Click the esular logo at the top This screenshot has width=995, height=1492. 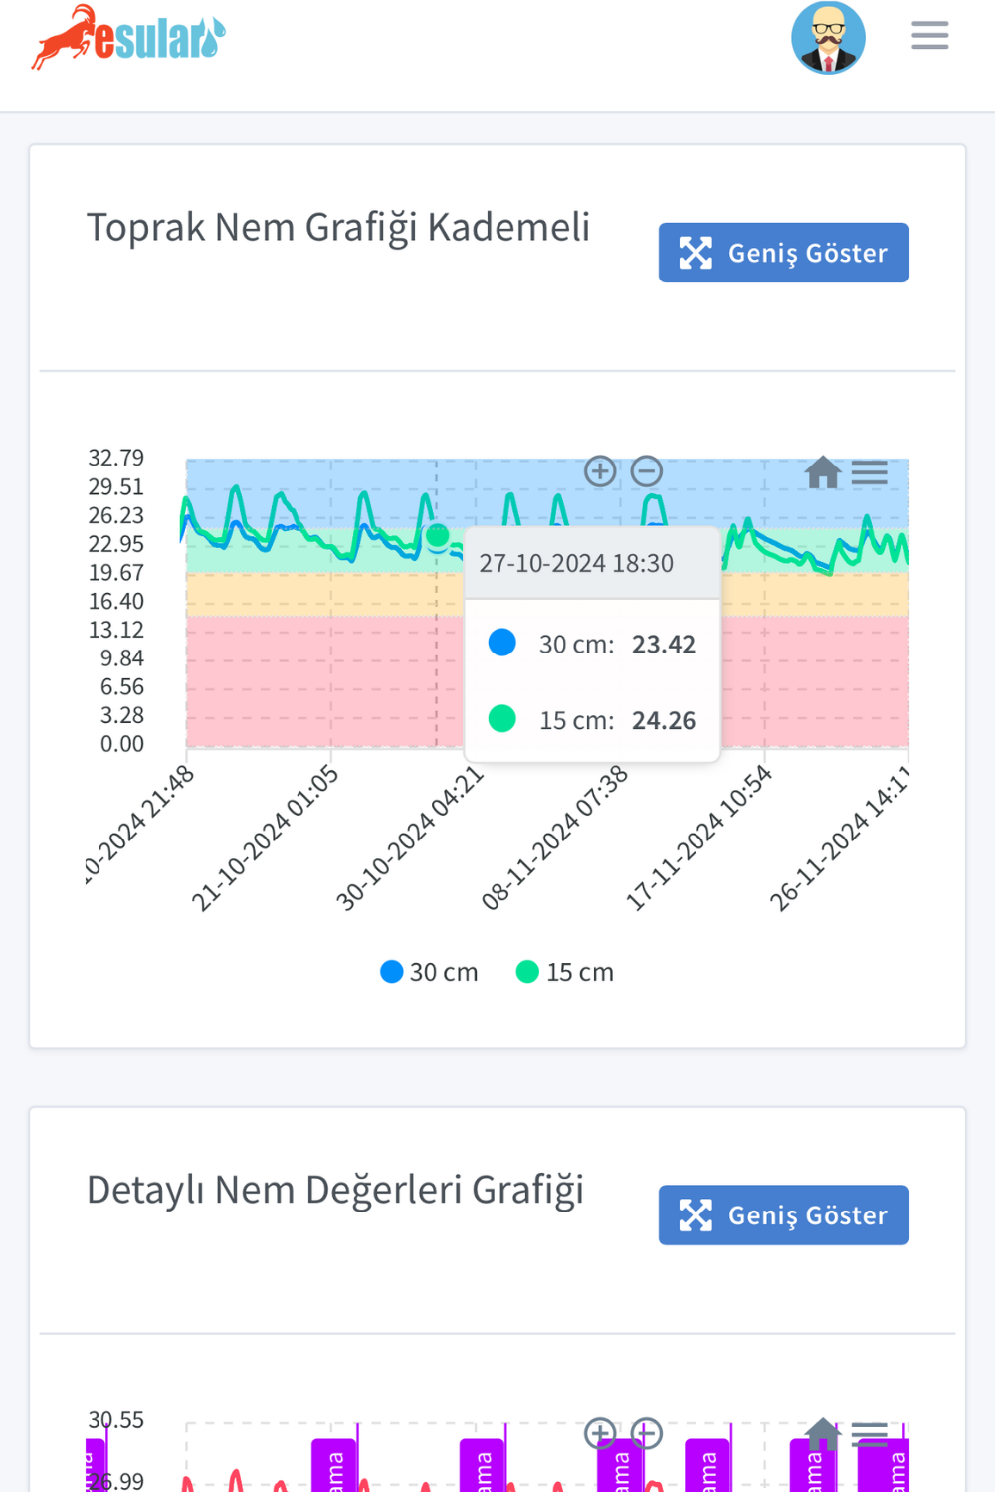tap(129, 38)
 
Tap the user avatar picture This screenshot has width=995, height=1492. tap(828, 38)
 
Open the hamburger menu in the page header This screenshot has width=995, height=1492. tap(929, 36)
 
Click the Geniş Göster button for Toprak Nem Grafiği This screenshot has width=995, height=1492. tap(783, 253)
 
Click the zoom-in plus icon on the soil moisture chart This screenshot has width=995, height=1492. tap(600, 470)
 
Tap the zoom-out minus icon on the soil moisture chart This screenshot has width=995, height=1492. tap(647, 470)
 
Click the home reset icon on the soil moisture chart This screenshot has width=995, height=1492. tap(823, 472)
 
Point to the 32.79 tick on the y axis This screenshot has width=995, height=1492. tap(116, 458)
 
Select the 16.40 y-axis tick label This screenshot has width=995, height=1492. tap(116, 601)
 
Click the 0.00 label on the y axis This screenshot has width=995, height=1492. tap(122, 744)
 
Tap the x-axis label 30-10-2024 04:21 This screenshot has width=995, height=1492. tap(410, 838)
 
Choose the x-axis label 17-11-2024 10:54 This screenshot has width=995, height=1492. tap(698, 838)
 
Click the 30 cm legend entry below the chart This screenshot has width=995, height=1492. tap(430, 972)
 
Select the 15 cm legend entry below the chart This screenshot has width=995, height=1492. tap(565, 972)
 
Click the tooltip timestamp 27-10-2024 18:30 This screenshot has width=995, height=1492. tap(576, 563)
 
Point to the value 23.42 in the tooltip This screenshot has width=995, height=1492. tap(664, 645)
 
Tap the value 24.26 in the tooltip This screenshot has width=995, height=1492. tap(664, 721)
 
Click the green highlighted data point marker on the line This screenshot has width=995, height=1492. tap(437, 537)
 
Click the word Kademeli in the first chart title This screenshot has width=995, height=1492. tap(508, 227)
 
